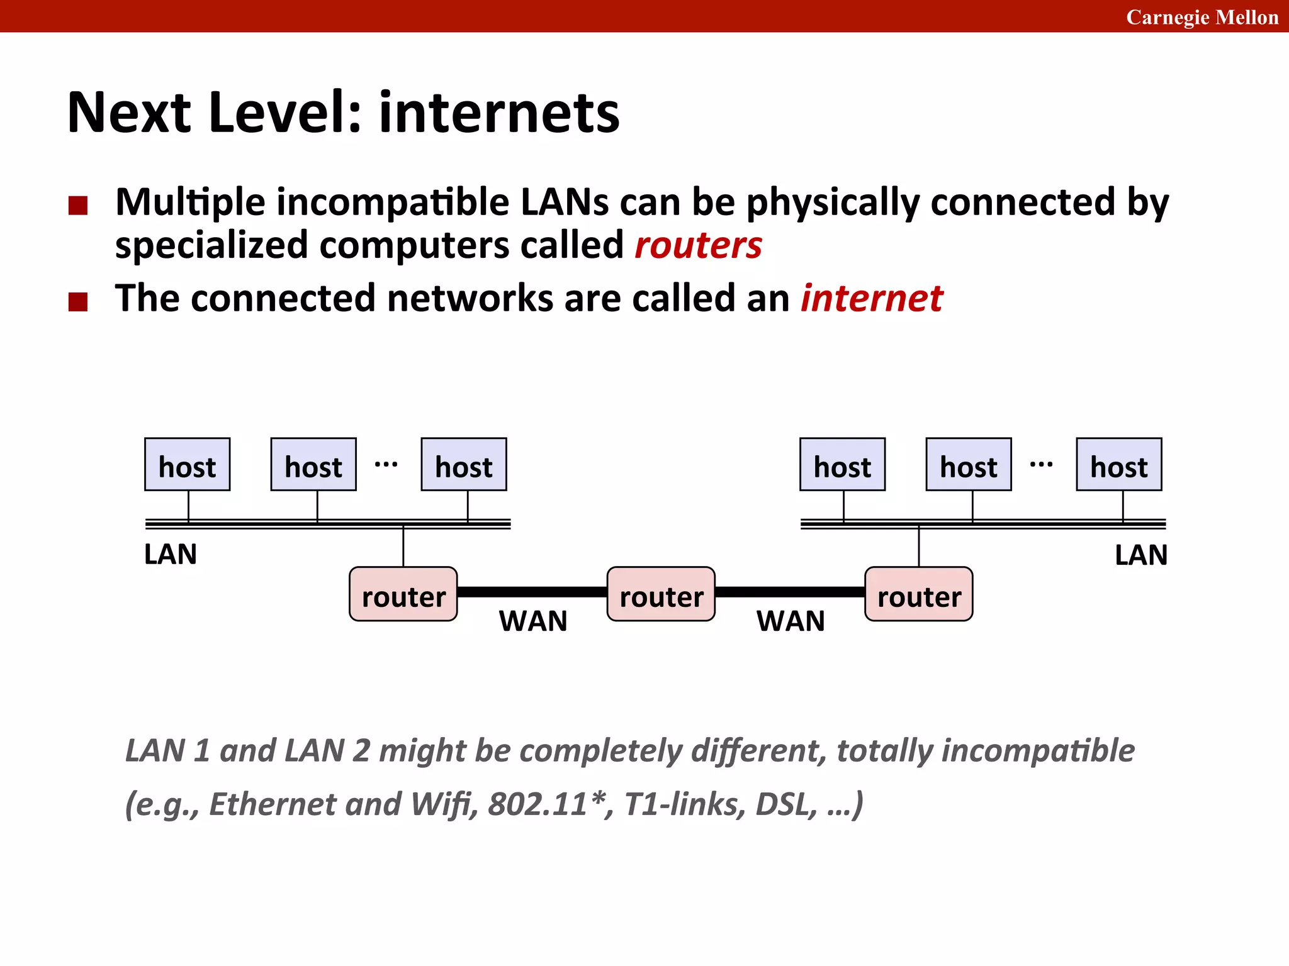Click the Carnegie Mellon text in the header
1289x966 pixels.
pos(1202,17)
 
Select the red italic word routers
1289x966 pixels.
pos(698,245)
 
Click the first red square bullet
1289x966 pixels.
pos(78,206)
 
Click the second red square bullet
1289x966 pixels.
pos(78,302)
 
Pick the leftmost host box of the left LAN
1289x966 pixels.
pos(187,465)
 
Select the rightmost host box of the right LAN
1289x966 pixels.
pos(1118,465)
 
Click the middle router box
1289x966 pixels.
pos(661,594)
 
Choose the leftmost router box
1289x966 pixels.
pos(403,594)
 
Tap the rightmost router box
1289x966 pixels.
pos(918,594)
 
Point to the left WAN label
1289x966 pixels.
pos(533,621)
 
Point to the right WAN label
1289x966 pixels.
pos(791,621)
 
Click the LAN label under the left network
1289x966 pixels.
pos(171,555)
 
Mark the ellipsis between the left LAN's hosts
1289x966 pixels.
pos(386,465)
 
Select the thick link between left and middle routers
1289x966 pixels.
pos(532,592)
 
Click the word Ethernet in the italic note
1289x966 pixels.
pos(273,804)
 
